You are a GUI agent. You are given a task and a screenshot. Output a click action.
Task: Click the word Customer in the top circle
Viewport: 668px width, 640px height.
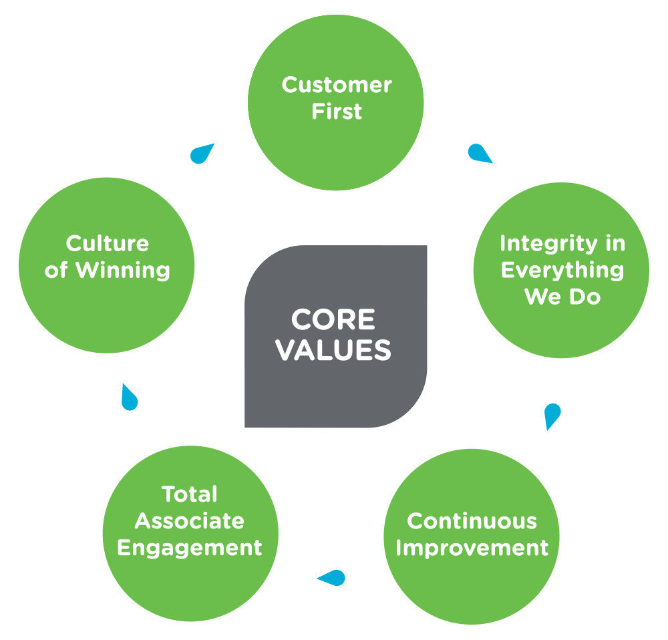(336, 86)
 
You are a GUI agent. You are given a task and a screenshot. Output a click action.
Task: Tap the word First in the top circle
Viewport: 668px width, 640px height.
(337, 112)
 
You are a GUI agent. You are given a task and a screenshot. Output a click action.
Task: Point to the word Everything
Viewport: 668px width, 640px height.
(562, 271)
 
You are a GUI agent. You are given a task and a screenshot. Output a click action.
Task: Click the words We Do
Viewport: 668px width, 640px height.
(562, 297)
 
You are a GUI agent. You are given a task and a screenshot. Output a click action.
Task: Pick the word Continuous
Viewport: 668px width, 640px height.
(472, 521)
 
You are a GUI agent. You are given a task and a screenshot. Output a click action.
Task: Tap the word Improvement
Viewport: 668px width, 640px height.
(472, 548)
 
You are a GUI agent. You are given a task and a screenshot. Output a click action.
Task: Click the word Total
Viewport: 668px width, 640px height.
(190, 494)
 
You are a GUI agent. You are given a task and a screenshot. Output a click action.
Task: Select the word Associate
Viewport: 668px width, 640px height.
(190, 521)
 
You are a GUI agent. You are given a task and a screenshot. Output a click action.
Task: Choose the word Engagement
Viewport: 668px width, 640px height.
(190, 548)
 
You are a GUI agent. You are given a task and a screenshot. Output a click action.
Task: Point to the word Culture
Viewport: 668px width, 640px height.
(108, 244)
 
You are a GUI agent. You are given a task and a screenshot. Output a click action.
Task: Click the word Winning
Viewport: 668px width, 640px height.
(122, 271)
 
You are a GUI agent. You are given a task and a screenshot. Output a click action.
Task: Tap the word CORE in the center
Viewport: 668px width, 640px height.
(333, 320)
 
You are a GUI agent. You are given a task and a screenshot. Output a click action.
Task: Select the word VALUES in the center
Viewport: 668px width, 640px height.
(334, 350)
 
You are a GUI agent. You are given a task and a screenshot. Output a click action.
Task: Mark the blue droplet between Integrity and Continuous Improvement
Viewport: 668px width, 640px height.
(552, 416)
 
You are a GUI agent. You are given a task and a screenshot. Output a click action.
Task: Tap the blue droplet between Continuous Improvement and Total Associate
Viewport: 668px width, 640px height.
(331, 577)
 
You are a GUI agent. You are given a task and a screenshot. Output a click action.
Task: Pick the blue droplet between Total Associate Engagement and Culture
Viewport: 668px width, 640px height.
(129, 398)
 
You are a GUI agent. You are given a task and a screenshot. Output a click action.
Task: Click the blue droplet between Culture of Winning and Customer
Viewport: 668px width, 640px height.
(201, 154)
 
